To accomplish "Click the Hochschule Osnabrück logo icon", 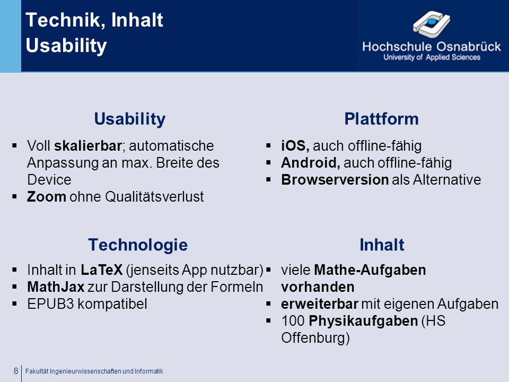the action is pos(431,23).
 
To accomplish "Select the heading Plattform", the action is pos(381,119).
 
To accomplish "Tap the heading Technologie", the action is pos(138,245).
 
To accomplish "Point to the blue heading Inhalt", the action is pos(382,245).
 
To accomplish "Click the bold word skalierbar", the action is pos(88,146).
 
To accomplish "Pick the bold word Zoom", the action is pos(47,196).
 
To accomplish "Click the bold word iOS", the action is pos(295,146).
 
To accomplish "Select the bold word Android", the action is pos(310,163).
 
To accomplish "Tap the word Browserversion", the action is pos(335,180).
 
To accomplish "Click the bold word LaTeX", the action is pos(102,270).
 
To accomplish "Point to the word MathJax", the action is pos(56,287).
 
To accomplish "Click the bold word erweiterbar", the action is pos(319,304).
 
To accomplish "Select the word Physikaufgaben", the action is pos(363,321).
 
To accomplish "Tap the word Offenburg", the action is pos(315,338).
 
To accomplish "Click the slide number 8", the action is pos(16,371).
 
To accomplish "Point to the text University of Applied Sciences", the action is pos(432,57).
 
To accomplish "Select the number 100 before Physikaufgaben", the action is pos(293,321).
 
